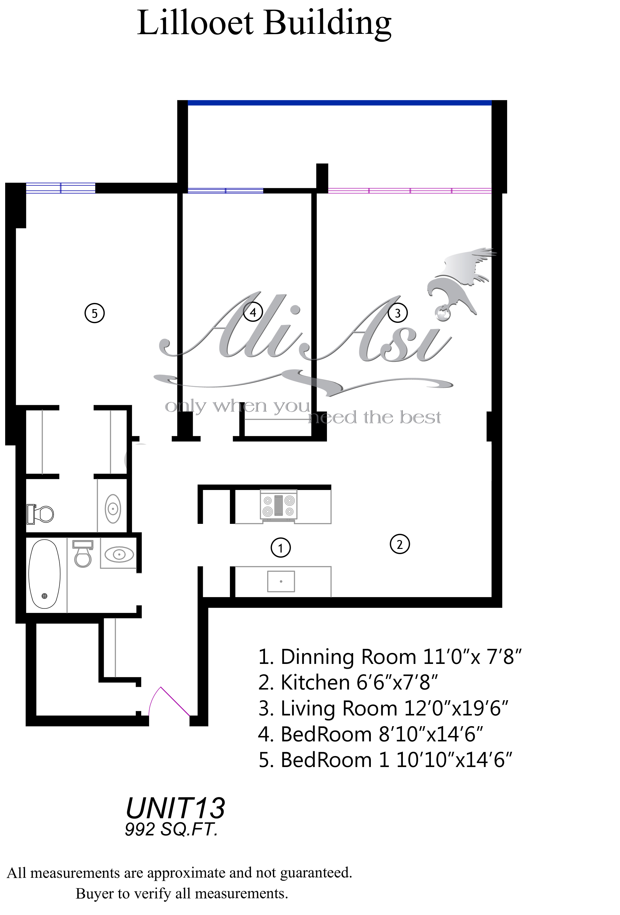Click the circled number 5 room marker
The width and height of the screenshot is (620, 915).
[x=95, y=313]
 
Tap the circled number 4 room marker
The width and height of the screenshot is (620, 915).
[x=253, y=312]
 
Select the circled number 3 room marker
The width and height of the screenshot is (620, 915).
[x=398, y=313]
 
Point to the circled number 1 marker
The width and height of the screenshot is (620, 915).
[x=281, y=548]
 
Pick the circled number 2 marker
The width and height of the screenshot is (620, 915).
[x=400, y=545]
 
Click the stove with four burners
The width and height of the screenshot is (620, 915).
[x=279, y=506]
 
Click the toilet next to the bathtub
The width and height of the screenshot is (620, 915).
[x=83, y=553]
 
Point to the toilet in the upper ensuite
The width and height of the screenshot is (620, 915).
[x=40, y=514]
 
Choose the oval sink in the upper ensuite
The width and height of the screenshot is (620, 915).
[x=113, y=509]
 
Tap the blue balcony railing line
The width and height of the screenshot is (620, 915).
[x=340, y=103]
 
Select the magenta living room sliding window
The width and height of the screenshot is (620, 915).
[x=410, y=191]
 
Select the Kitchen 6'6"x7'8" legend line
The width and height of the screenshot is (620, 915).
[x=348, y=682]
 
